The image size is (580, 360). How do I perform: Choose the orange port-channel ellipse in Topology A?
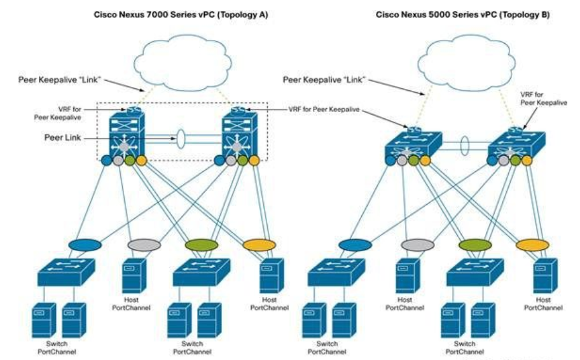(x=259, y=244)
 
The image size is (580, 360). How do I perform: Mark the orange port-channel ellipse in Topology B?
(x=532, y=244)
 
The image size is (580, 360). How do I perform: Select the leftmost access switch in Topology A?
(x=66, y=271)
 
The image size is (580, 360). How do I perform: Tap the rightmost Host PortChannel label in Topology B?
(x=544, y=303)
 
